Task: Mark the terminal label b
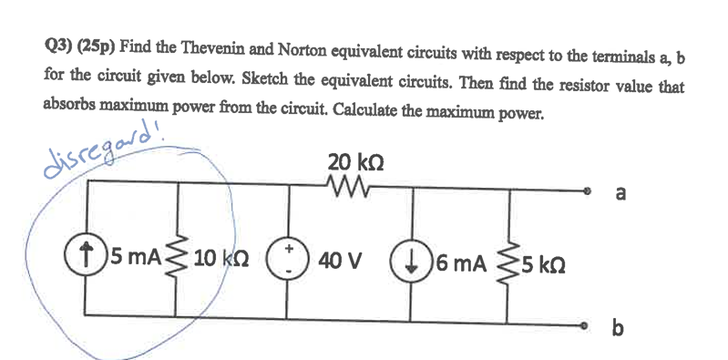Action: point(621,327)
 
